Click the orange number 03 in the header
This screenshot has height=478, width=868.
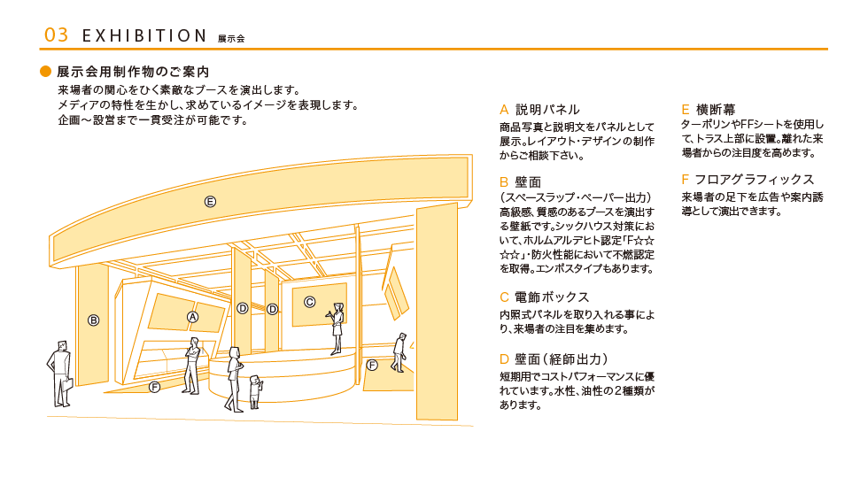click(x=56, y=35)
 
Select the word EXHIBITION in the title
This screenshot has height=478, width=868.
click(x=143, y=35)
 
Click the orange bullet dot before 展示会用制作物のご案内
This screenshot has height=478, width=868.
click(x=46, y=71)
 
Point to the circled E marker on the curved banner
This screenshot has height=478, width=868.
click(x=210, y=201)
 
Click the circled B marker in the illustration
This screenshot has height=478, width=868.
click(x=93, y=320)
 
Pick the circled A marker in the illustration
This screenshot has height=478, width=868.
click(x=192, y=316)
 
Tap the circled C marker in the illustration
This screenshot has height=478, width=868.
click(x=310, y=301)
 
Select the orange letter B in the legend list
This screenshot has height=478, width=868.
click(x=504, y=181)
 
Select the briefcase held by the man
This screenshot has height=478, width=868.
click(x=64, y=390)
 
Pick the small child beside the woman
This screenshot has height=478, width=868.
click(x=255, y=391)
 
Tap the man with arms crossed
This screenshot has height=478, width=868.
click(x=191, y=365)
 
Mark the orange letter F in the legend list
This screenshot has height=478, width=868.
click(x=685, y=179)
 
